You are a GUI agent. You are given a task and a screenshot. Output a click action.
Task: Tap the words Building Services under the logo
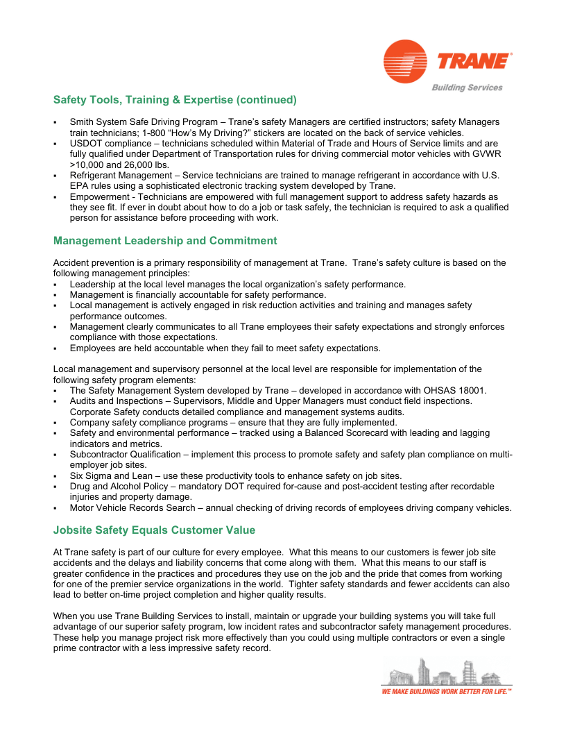pos(467,87)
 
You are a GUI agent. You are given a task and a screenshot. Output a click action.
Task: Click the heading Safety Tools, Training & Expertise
pos(175,100)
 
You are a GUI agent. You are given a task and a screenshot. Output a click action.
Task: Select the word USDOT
pos(87,143)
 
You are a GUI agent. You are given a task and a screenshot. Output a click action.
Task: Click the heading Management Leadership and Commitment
pos(165,241)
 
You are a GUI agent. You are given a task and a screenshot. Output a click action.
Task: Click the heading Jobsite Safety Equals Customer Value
pos(154,530)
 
